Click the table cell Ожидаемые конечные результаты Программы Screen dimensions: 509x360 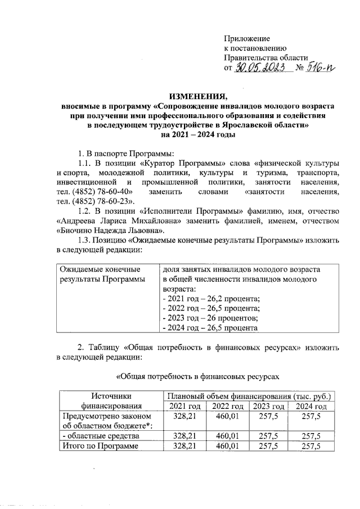[x=101, y=274]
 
